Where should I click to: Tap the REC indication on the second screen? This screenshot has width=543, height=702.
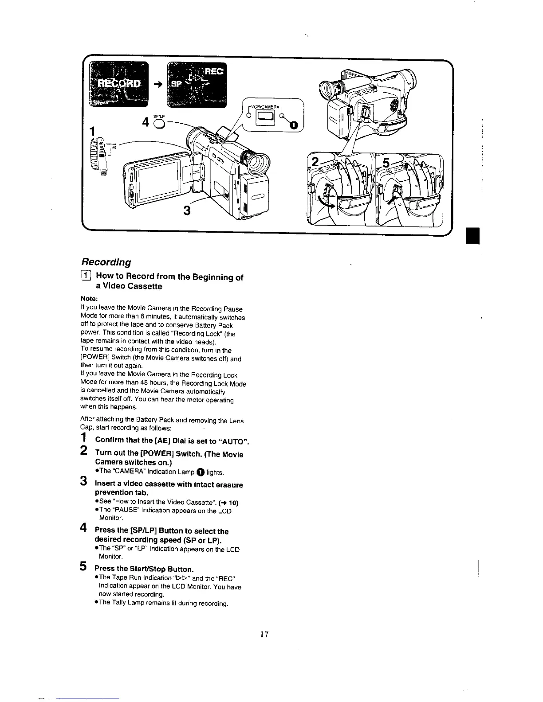tap(215, 72)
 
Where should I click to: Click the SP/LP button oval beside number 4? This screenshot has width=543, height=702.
tap(157, 123)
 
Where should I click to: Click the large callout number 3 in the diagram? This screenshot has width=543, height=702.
tap(187, 210)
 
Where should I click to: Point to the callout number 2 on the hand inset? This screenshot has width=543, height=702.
tap(315, 163)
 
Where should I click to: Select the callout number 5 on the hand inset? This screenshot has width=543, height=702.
tap(386, 164)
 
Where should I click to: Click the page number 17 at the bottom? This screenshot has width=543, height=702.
tap(264, 634)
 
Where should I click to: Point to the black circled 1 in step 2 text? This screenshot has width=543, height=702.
tap(200, 472)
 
